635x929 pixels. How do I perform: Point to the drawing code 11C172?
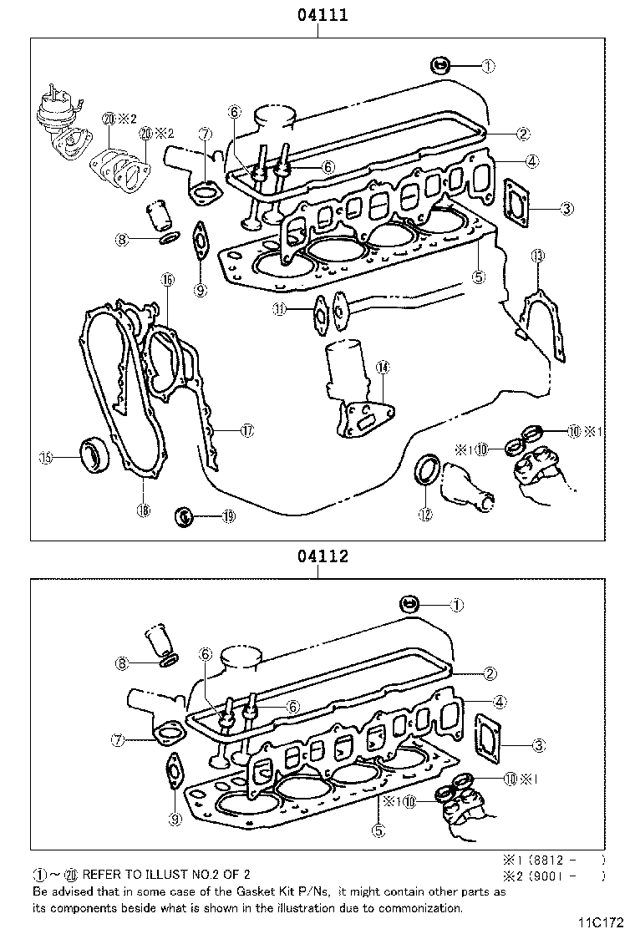[601, 921]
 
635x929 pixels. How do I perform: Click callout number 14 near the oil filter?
[383, 367]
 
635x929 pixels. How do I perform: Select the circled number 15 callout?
[47, 457]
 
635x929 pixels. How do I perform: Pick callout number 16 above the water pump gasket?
[167, 280]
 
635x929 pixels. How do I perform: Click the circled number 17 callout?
[246, 430]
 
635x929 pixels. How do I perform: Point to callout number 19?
[227, 517]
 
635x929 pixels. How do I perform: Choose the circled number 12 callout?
[425, 515]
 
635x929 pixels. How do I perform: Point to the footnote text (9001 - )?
[571, 876]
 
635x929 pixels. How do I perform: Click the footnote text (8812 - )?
[571, 859]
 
